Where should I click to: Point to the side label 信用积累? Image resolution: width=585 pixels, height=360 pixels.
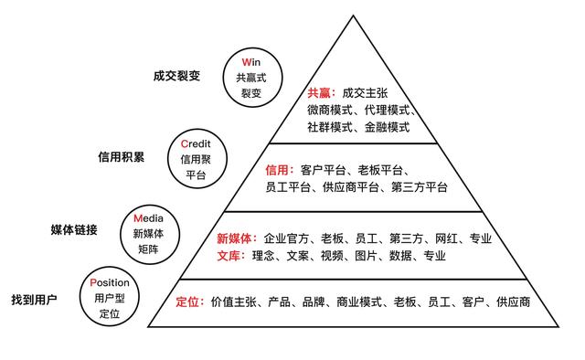click(x=121, y=155)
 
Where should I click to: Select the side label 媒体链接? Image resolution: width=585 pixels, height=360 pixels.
click(x=74, y=228)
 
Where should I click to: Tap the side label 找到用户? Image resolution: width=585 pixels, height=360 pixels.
click(x=35, y=299)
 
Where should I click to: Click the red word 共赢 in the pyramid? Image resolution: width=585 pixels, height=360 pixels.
click(x=320, y=93)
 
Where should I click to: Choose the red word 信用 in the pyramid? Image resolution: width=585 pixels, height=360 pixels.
click(x=277, y=170)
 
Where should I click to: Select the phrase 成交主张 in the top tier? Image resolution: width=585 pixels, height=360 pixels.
click(x=366, y=93)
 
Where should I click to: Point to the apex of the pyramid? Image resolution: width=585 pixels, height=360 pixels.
click(x=351, y=16)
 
